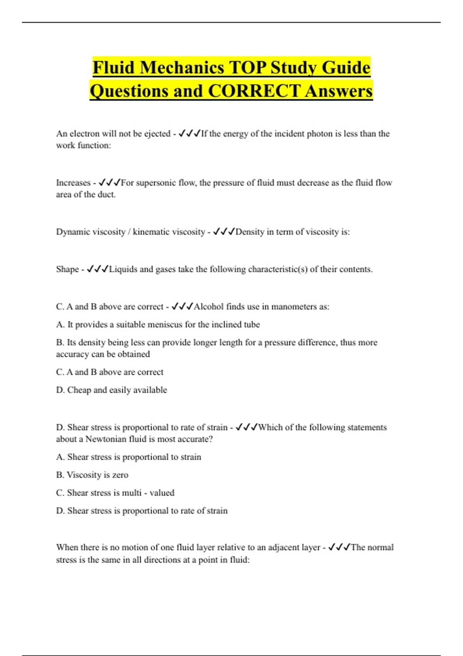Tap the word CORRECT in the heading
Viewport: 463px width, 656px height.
click(x=254, y=91)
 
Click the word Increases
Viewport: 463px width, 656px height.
click(x=73, y=183)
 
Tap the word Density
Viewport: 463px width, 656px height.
click(x=250, y=232)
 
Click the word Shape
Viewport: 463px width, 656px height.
click(x=68, y=269)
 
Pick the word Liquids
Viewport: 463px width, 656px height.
click(x=123, y=269)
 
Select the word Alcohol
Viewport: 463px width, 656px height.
click(x=208, y=307)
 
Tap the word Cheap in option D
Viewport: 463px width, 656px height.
click(x=79, y=390)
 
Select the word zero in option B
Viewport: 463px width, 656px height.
click(x=120, y=475)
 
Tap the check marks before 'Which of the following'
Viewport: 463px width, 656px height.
click(x=246, y=427)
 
